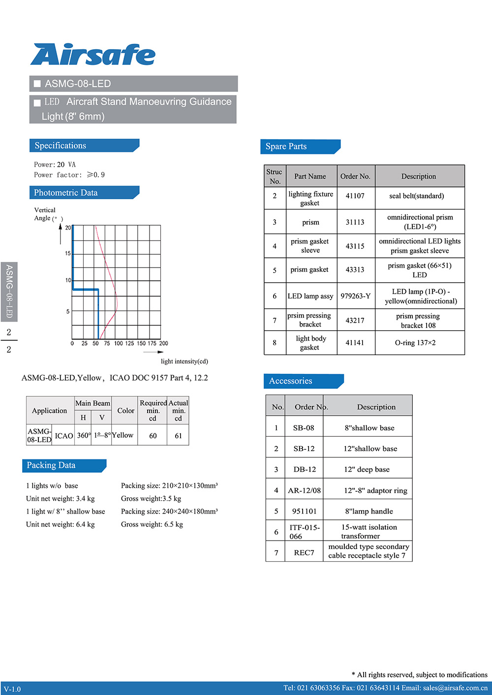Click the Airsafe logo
[x=93, y=55]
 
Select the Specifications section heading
[x=61, y=146]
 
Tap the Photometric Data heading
[x=66, y=193]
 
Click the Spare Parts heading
[x=286, y=147]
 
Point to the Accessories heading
[x=290, y=381]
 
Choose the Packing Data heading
[x=51, y=465]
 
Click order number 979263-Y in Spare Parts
[x=355, y=296]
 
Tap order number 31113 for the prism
[x=355, y=222]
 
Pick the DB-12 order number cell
[x=305, y=469]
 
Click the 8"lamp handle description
[x=369, y=511]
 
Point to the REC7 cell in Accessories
[x=304, y=552]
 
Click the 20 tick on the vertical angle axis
[x=68, y=228]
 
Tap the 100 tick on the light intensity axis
[x=119, y=343]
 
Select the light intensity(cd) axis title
[x=184, y=362]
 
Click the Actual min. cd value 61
[x=178, y=436]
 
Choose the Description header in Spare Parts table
[x=419, y=176]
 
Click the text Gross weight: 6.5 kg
[x=152, y=524]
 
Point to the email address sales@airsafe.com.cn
[x=455, y=688]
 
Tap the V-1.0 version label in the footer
[x=12, y=689]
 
